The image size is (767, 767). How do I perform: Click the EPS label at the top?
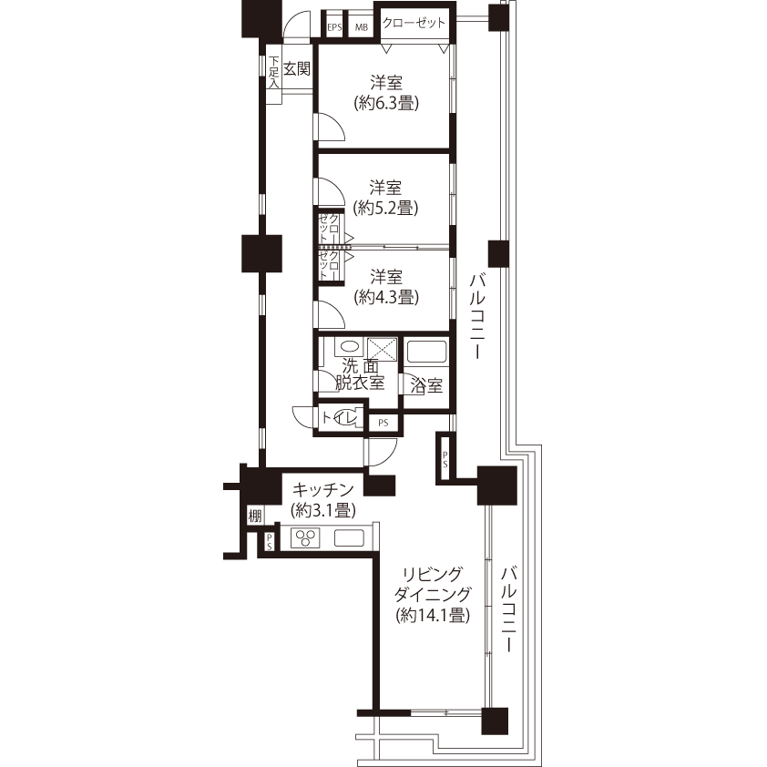334,27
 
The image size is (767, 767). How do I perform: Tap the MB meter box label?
362,27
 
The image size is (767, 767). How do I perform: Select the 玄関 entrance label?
297,68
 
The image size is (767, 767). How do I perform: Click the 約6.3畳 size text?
386,103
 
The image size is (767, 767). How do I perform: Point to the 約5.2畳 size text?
386,208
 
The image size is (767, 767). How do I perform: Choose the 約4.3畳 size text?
386,297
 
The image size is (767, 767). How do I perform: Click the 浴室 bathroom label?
426,386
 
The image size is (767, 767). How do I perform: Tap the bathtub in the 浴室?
427,352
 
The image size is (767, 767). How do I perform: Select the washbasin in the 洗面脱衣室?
349,347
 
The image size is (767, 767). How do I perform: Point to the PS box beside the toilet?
383,423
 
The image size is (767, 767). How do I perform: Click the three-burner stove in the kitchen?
306,538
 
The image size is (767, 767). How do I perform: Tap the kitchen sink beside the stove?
349,538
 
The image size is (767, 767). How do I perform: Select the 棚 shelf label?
255,516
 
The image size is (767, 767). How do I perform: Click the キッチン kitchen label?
322,489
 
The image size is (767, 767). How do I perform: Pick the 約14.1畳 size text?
433,615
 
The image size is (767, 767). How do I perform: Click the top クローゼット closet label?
414,23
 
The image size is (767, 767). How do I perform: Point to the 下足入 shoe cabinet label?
274,72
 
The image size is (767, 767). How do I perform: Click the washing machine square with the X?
382,349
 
